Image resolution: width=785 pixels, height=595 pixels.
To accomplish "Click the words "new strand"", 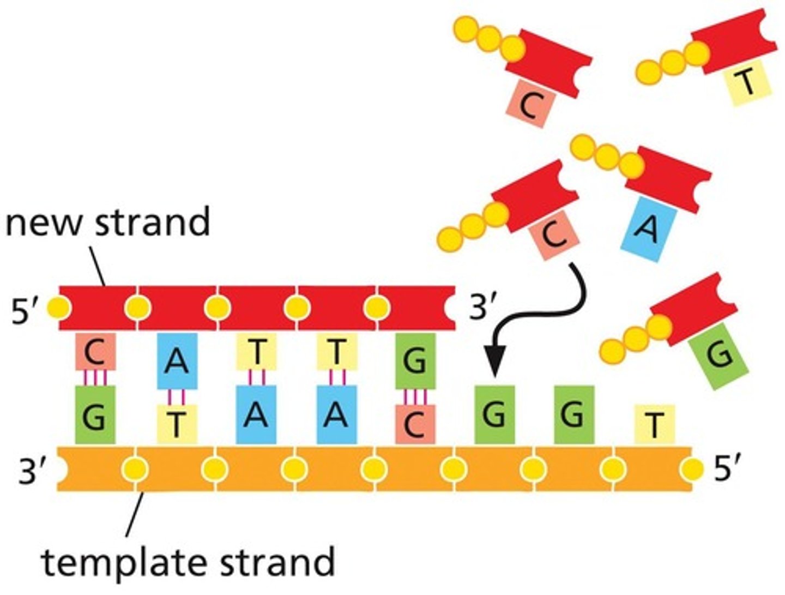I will point(108,222).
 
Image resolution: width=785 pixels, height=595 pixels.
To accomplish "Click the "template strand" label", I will point(188,562).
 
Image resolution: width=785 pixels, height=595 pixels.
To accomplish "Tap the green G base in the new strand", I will point(415,360).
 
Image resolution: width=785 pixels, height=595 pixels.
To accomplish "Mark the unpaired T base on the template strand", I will point(654,424).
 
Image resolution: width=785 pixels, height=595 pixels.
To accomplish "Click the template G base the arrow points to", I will point(494,414).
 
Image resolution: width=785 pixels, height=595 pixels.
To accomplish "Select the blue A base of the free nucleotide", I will point(648,229).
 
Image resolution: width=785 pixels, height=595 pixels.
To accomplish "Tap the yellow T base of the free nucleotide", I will point(747,83).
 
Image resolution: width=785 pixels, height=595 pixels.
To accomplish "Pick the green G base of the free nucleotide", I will point(718,356).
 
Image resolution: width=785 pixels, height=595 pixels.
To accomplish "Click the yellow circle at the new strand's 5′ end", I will point(59,308).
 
